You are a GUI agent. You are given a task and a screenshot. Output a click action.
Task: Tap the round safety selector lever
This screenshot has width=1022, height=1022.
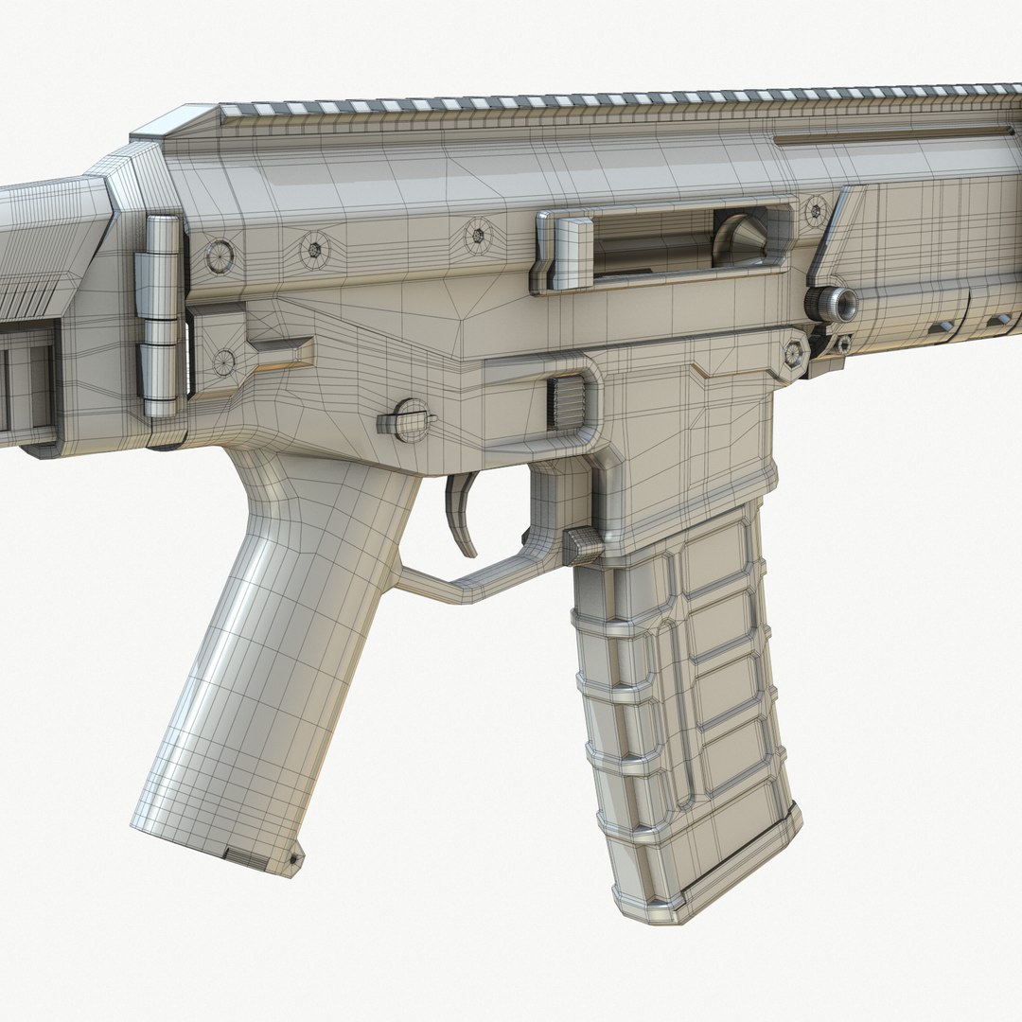[410, 420]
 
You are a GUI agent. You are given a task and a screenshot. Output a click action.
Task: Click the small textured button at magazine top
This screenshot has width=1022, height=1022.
[581, 546]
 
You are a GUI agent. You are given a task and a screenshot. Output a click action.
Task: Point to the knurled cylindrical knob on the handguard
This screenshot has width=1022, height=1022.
[833, 304]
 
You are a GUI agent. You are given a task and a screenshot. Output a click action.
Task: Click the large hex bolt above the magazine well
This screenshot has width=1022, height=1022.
[794, 354]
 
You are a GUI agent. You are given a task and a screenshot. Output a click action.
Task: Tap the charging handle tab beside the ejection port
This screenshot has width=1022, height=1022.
[569, 252]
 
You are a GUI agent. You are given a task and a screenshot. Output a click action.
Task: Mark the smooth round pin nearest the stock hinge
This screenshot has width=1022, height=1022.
[220, 256]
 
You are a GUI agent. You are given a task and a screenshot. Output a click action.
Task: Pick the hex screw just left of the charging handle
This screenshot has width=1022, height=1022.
[478, 235]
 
